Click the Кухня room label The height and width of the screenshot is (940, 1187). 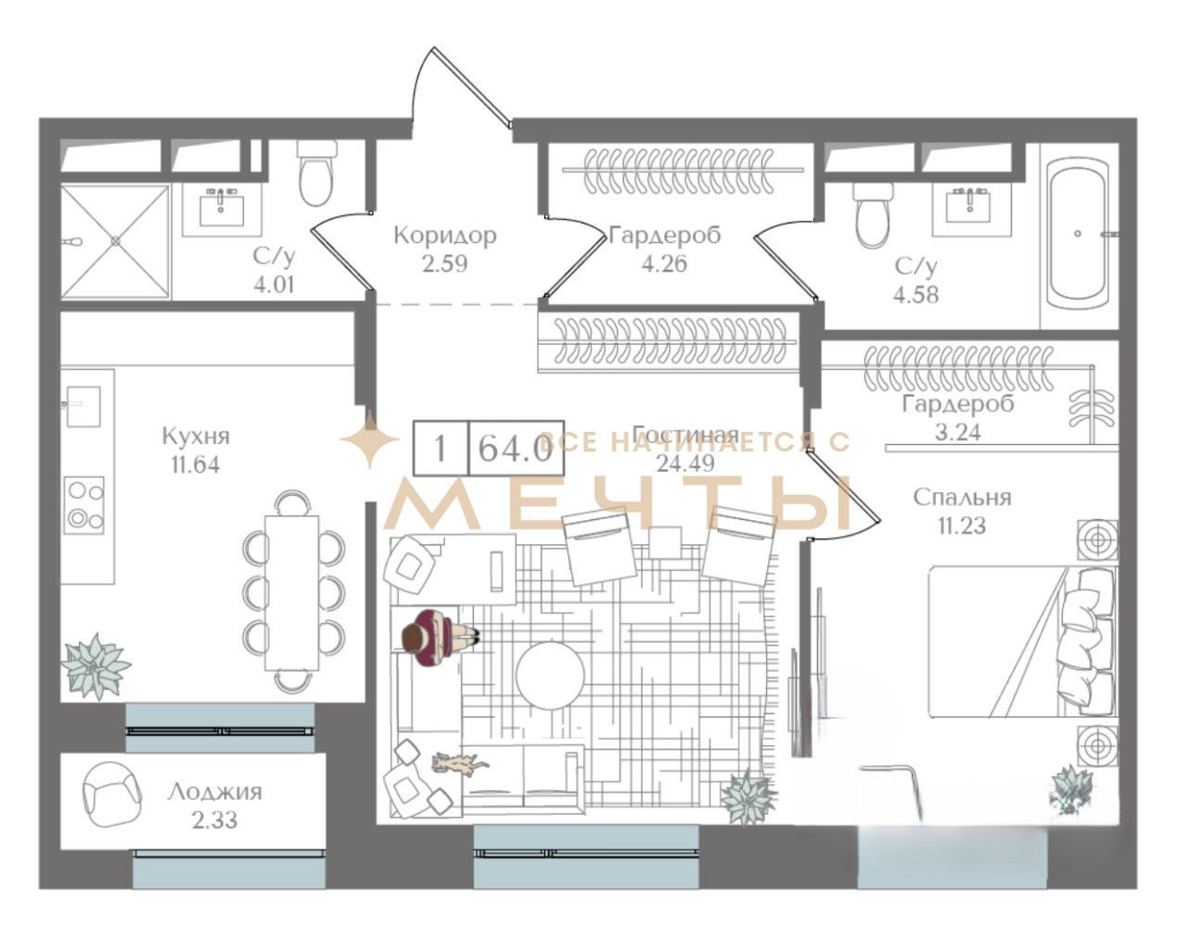(x=196, y=437)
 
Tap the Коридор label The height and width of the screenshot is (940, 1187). (x=445, y=236)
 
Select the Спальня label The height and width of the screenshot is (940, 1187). (x=963, y=497)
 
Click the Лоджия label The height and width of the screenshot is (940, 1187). (x=214, y=793)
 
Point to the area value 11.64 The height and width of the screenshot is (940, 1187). (x=196, y=465)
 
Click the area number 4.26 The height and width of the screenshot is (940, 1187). (x=664, y=264)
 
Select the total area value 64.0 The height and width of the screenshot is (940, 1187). (x=516, y=448)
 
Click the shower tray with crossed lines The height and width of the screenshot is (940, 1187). (x=115, y=241)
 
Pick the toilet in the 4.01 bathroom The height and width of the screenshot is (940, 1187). (x=316, y=172)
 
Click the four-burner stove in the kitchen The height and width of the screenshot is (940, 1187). (x=83, y=505)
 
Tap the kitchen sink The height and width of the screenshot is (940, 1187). (x=83, y=406)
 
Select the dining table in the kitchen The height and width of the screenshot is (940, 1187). (x=292, y=592)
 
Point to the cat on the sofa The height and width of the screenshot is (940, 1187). (x=459, y=764)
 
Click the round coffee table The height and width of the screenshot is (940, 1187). (x=550, y=676)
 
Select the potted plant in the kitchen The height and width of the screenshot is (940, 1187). (x=95, y=666)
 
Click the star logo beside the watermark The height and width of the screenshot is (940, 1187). (x=370, y=439)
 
